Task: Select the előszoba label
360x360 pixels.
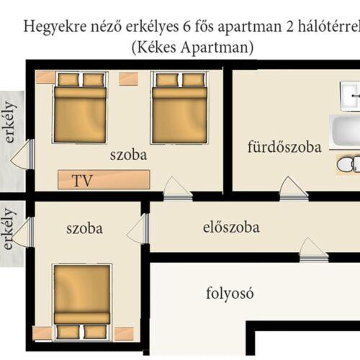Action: click(231, 229)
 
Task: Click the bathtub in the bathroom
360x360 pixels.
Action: click(346, 132)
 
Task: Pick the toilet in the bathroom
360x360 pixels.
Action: click(348, 164)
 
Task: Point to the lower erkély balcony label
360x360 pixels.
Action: click(8, 229)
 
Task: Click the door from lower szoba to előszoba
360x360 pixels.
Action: click(138, 229)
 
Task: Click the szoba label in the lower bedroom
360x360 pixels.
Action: click(84, 229)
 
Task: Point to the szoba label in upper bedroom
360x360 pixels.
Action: click(128, 155)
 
